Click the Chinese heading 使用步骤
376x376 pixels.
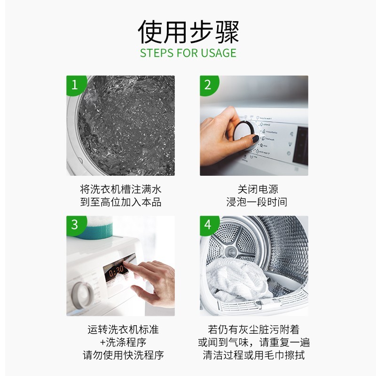[x=188, y=32]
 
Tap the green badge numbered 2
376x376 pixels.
[x=208, y=85]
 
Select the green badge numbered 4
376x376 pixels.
[x=208, y=225]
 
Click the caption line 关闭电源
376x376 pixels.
[x=258, y=189]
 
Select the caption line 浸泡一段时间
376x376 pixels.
[x=258, y=202]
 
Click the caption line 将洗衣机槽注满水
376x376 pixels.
[x=120, y=189]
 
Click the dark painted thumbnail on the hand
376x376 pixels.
[x=253, y=140]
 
